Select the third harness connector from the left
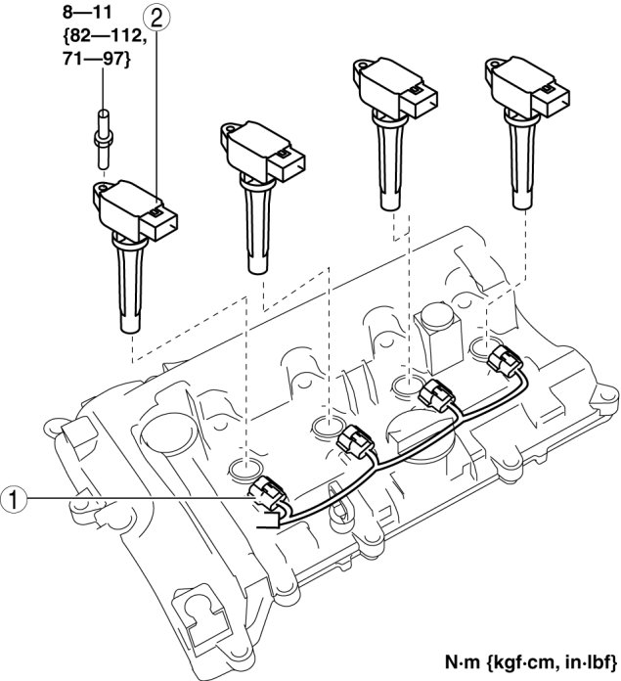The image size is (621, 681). point(433,395)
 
